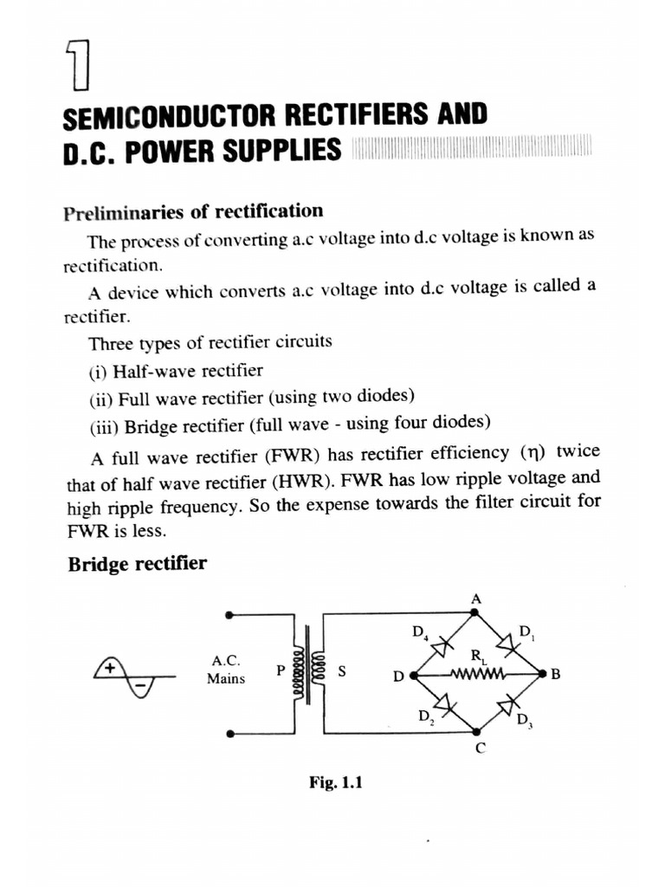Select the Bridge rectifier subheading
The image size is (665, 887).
(137, 564)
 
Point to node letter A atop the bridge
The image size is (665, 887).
(475, 599)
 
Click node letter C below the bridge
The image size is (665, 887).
(478, 750)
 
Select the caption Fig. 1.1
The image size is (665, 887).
(334, 783)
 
